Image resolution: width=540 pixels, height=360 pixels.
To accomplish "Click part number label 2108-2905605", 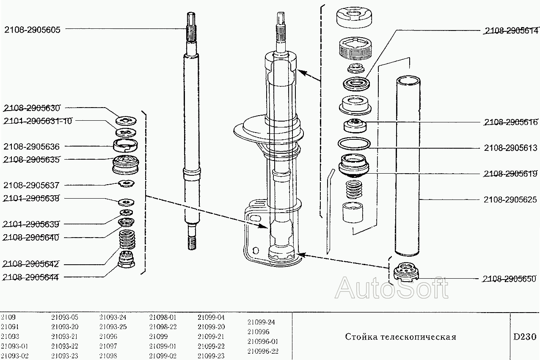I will (32, 30).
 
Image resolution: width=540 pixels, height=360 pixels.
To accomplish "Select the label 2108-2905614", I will (511, 30).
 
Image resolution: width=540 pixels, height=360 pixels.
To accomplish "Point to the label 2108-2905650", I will (509, 279).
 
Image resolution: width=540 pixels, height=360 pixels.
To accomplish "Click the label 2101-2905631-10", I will (38, 121).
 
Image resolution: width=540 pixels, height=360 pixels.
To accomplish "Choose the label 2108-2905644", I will (31, 277).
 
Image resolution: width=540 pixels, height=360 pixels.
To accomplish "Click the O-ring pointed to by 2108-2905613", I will (354, 143).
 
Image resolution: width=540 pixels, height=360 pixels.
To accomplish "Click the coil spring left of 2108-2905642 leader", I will (127, 240).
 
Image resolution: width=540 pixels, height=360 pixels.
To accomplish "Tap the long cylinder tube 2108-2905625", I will (408, 165).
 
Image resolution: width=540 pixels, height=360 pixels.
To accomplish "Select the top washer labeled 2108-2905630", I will (126, 120).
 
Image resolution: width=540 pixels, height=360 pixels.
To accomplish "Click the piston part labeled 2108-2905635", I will (126, 165).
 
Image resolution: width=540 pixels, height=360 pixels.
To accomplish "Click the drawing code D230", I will (524, 337).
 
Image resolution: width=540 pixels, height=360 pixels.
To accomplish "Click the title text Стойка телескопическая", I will (400, 337).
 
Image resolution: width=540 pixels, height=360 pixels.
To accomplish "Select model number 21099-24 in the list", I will (261, 322).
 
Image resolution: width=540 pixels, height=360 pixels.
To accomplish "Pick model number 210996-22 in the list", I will (263, 351).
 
